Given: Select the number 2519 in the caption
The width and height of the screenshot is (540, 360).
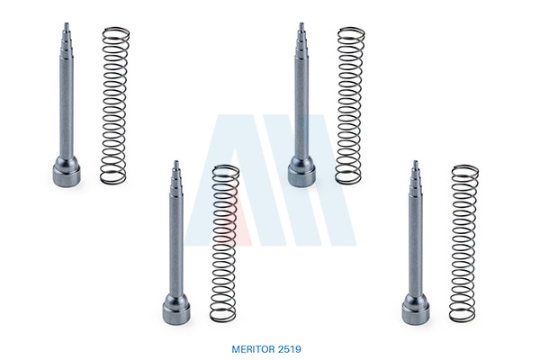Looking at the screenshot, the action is [x=289, y=349].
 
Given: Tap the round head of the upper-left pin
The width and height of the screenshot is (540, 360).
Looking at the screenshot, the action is [x=67, y=172].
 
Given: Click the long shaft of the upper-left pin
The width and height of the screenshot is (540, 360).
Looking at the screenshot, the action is [x=67, y=107].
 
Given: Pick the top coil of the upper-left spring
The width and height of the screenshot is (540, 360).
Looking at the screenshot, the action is [x=116, y=31].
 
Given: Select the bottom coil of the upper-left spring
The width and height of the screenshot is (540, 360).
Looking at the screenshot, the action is [x=113, y=178].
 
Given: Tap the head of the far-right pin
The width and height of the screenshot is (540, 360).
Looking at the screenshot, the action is [x=416, y=309].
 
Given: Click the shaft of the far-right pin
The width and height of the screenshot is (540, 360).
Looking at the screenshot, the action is [x=416, y=245].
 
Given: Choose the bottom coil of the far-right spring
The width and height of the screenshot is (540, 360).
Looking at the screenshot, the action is [x=463, y=316].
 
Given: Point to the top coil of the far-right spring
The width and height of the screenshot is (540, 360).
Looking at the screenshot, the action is [x=465, y=170].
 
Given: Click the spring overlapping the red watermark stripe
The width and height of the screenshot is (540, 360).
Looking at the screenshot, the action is [x=224, y=244].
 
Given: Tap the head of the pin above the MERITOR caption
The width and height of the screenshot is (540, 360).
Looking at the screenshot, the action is [x=176, y=309].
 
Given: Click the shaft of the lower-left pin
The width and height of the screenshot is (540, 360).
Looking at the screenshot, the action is [x=176, y=245].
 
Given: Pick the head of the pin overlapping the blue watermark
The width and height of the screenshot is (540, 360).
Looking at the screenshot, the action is [x=301, y=172].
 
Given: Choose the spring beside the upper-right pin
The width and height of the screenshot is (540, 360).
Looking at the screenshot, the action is [x=350, y=106].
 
